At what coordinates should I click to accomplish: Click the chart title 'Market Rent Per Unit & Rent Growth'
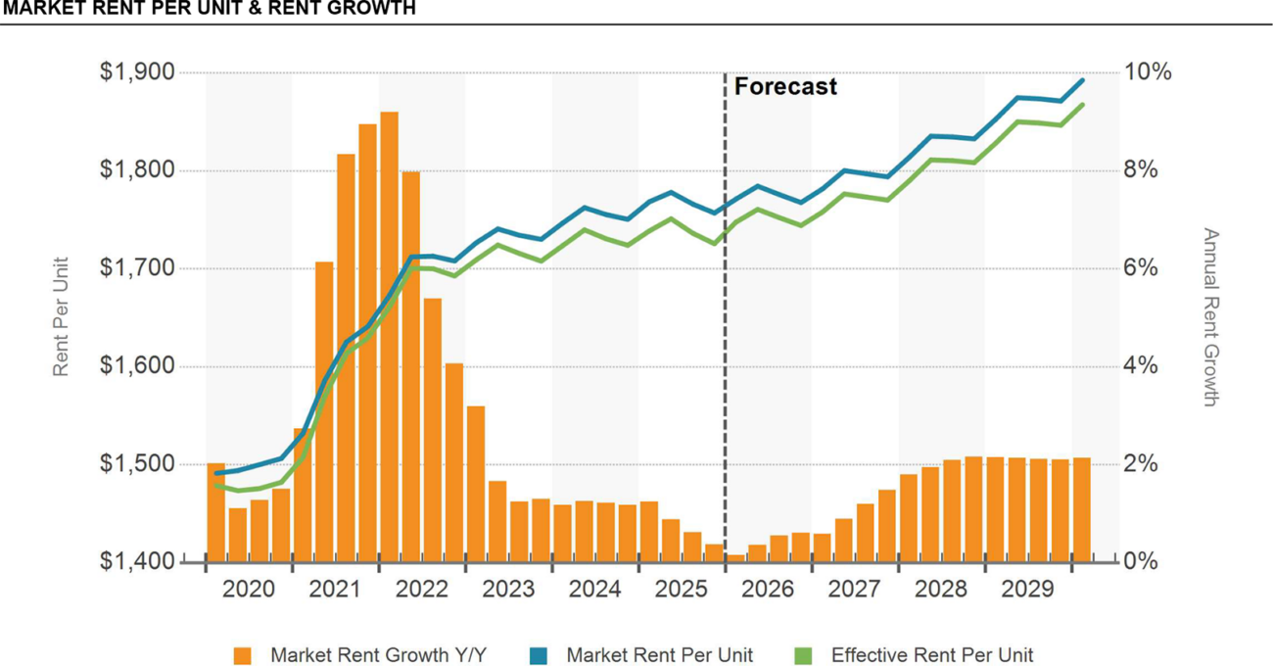point(209,9)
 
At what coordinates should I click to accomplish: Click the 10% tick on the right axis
point(1148,73)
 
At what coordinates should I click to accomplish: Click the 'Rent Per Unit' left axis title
point(62,316)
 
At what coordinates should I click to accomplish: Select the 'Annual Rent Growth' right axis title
point(1210,316)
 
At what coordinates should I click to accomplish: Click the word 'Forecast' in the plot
point(785,87)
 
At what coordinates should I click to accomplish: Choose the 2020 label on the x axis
point(249,590)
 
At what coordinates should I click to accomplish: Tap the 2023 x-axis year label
point(508,590)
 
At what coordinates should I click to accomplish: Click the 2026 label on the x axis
point(768,590)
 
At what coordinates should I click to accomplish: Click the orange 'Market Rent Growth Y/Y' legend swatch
point(243,655)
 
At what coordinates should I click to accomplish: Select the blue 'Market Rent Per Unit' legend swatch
point(539,655)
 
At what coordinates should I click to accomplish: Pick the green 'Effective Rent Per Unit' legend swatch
point(803,655)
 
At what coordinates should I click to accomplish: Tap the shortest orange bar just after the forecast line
point(734,558)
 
